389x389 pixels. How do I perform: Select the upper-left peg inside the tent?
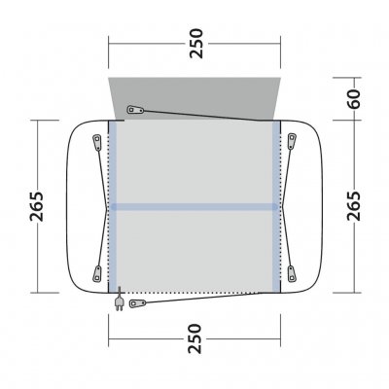[97, 142]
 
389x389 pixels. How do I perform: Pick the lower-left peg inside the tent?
[97, 269]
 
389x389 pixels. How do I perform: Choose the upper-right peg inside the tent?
[293, 142]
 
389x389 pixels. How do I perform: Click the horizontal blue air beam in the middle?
[195, 206]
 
